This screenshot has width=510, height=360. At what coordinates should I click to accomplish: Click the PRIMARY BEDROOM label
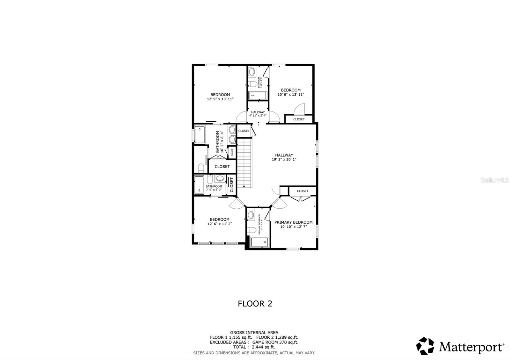tap(293, 222)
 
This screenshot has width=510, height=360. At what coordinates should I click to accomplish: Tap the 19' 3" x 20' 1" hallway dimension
tap(284, 160)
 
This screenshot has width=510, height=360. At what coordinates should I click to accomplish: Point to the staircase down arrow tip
tap(244, 187)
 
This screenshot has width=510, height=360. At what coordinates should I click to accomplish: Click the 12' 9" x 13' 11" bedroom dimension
tap(220, 99)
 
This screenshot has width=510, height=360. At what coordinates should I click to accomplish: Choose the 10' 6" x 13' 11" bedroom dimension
tap(291, 95)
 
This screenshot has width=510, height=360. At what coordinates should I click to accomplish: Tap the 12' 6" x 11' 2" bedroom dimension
tap(220, 224)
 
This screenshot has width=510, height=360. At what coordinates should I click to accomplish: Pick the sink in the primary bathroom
tap(251, 215)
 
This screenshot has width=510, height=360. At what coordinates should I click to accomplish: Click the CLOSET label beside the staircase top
tap(244, 131)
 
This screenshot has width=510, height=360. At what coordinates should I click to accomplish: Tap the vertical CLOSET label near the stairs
tap(232, 185)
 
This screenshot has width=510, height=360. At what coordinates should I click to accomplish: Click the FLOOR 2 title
tap(255, 304)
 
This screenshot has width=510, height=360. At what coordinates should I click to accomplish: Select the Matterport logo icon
tap(425, 346)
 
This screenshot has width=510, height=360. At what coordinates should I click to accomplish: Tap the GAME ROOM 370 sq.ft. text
tap(275, 342)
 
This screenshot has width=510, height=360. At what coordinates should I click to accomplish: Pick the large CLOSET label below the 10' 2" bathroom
tap(222, 167)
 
